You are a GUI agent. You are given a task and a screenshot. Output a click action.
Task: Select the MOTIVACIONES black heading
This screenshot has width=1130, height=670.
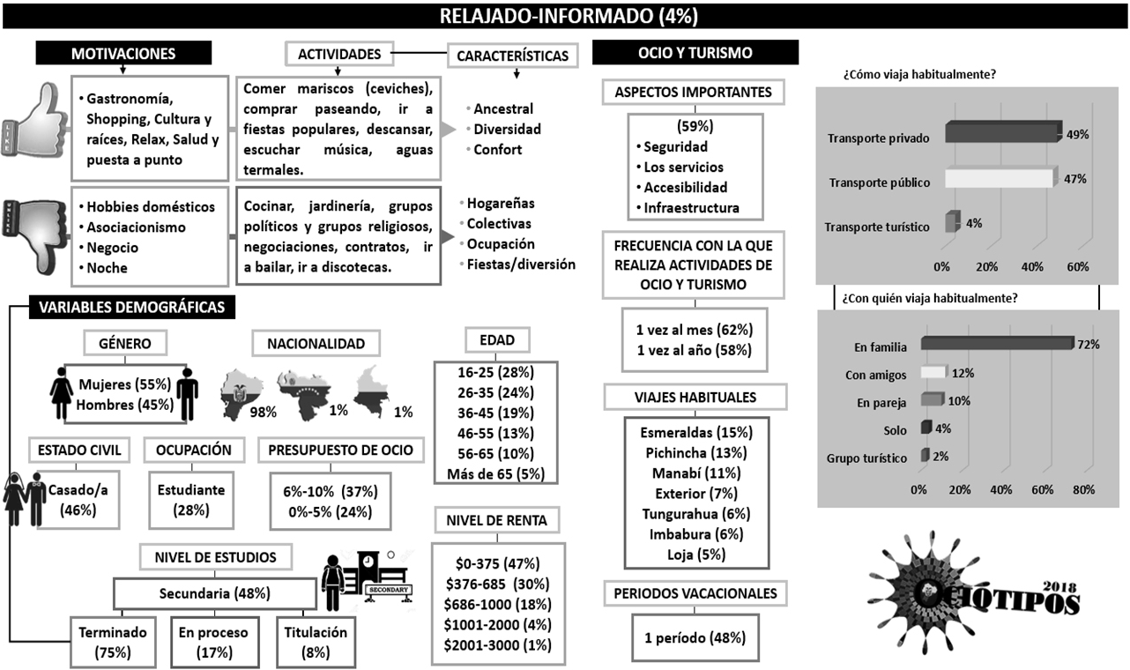123,54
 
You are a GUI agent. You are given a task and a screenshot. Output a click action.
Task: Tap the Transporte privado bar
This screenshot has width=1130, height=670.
1001,133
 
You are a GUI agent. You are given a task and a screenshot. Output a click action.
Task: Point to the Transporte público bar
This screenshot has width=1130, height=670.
998,179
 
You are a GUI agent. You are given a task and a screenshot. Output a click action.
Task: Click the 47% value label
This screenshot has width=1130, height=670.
1074,179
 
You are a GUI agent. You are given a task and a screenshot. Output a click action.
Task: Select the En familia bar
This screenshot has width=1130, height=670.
995,344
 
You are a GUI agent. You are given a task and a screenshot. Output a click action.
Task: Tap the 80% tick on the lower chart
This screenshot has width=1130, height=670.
1083,489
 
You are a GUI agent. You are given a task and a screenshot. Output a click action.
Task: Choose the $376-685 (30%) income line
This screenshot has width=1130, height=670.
498,584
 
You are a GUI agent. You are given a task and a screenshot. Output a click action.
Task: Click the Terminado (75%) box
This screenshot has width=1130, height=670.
112,642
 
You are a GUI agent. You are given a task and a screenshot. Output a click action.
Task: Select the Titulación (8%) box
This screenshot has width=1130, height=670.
316,642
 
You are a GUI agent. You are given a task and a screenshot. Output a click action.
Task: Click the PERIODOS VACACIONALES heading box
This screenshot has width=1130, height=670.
695,594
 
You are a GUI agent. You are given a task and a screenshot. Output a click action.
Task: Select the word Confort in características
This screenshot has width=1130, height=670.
497,150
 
